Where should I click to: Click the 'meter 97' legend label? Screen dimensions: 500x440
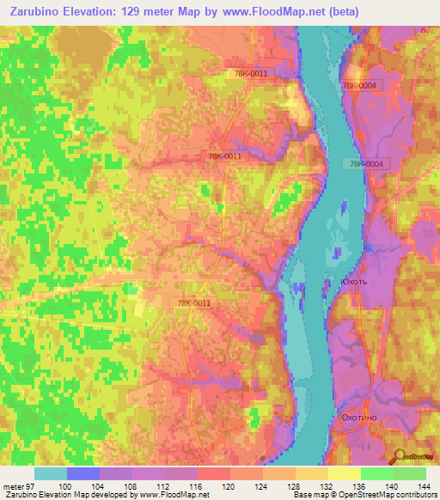tap(20, 486)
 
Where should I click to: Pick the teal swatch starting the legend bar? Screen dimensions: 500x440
tap(51, 473)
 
